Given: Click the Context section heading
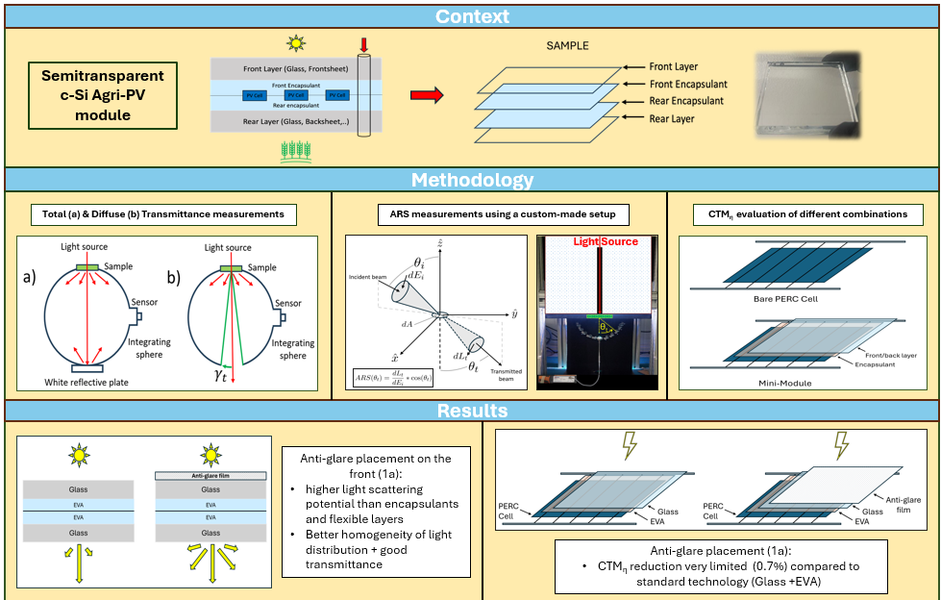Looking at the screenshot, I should (x=471, y=16).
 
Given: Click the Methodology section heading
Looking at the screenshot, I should (x=471, y=180).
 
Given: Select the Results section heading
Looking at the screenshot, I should (x=471, y=411).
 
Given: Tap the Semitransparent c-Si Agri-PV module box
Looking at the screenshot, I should (x=103, y=95).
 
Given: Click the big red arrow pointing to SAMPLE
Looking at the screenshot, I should (x=427, y=94).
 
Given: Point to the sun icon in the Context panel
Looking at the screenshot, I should (x=295, y=43).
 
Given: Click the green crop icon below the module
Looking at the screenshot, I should (x=295, y=149).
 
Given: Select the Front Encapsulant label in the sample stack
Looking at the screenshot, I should (x=687, y=84).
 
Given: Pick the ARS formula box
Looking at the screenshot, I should (x=392, y=376).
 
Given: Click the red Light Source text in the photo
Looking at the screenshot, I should (x=606, y=241).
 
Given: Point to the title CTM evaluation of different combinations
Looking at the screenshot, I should (x=806, y=213).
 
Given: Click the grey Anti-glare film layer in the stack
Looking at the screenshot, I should (x=210, y=475).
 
